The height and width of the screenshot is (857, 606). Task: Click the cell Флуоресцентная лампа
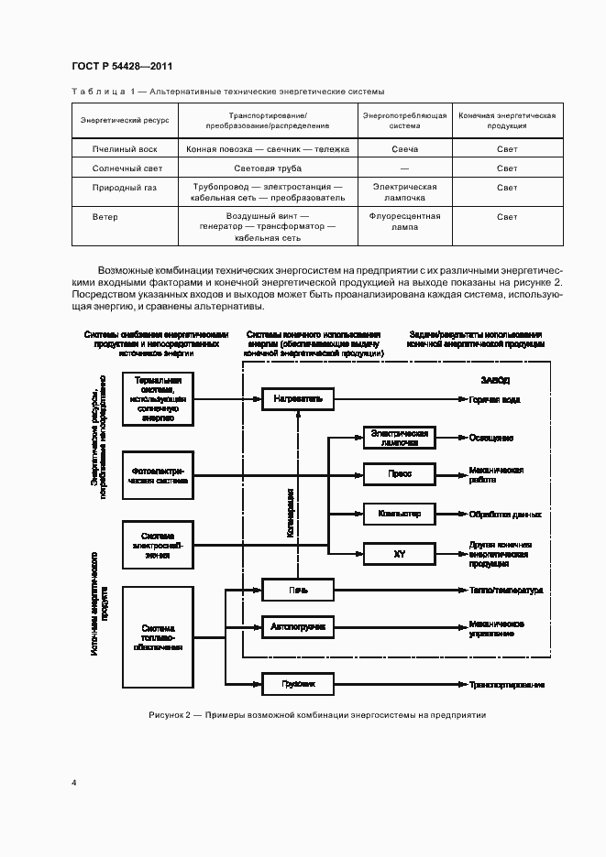(404, 222)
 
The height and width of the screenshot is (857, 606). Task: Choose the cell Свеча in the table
(404, 148)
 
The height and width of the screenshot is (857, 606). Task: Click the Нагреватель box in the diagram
(299, 398)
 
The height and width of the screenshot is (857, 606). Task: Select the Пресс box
(399, 474)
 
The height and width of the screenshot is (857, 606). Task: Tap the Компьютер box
(399, 514)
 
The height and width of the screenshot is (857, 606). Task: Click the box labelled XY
(399, 554)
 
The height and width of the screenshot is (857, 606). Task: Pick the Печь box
(299, 589)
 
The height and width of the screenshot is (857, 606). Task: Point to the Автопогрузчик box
(299, 627)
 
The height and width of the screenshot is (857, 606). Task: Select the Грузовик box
(299, 683)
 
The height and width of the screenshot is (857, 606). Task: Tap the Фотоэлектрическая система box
(157, 474)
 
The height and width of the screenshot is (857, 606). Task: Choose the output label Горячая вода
(496, 399)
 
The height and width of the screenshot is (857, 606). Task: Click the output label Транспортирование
(507, 684)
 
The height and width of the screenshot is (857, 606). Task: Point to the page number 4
(74, 782)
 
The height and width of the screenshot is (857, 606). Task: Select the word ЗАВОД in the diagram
(495, 379)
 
